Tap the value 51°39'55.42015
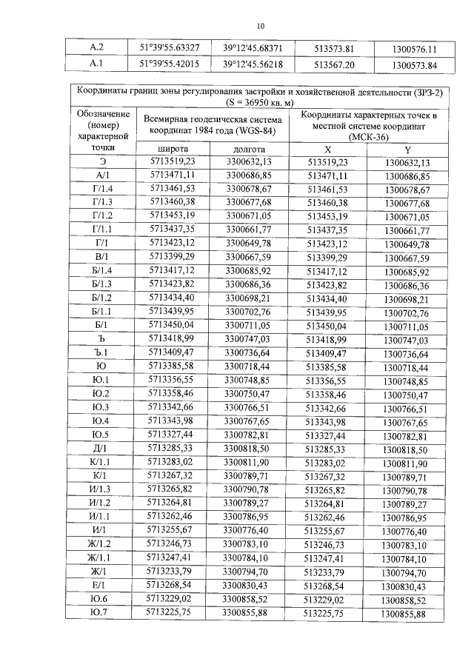click(170, 65)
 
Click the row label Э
click(102, 162)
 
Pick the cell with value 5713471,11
click(171, 176)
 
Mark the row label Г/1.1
click(102, 230)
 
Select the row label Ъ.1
click(102, 352)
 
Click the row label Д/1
click(102, 448)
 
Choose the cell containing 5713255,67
click(171, 531)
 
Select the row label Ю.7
click(102, 613)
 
